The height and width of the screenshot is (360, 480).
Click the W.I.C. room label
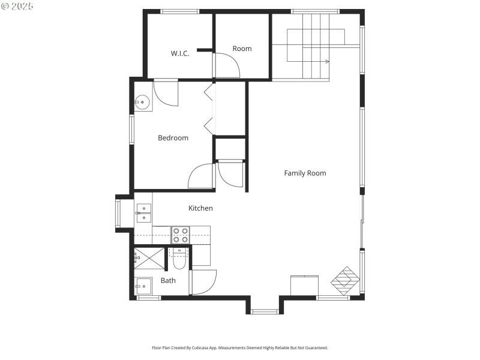click(180, 53)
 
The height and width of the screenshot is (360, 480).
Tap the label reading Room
click(242, 49)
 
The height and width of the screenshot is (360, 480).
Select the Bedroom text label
click(173, 138)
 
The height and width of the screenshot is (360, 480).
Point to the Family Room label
click(305, 173)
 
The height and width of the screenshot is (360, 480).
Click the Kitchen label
click(200, 208)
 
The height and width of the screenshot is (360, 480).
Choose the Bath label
click(168, 280)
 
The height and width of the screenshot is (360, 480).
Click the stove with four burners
click(181, 235)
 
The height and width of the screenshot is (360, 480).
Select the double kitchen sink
click(143, 213)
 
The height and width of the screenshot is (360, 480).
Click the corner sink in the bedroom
click(142, 103)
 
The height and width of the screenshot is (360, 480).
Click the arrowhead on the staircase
click(327, 61)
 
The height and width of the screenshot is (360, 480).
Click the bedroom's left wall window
click(132, 129)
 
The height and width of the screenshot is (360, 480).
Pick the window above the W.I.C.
click(180, 11)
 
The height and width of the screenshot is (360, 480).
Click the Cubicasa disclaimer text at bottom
click(240, 347)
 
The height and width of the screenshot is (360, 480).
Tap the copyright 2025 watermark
click(17, 5)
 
